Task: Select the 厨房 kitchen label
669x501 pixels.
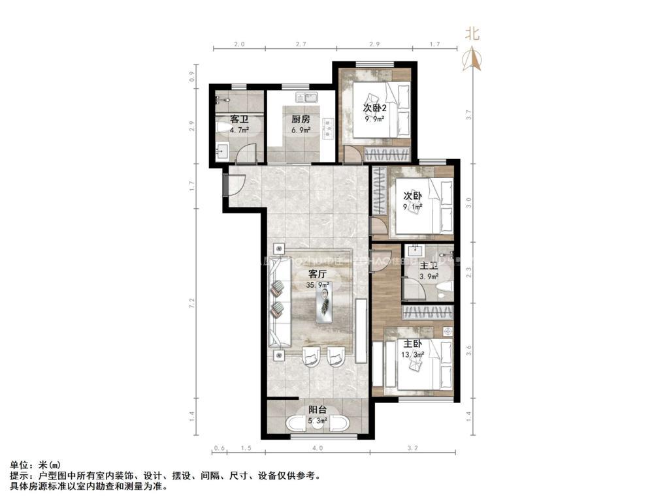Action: [301, 120]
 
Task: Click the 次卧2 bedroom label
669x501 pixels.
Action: [375, 108]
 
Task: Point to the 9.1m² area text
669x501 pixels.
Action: [413, 207]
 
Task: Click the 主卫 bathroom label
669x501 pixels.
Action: [429, 266]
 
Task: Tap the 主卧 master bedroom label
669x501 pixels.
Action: [413, 344]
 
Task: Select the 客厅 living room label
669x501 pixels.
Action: [318, 274]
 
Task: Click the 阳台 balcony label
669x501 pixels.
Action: [318, 410]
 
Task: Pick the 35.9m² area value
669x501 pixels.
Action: [318, 285]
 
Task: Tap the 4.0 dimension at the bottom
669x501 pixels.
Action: [318, 449]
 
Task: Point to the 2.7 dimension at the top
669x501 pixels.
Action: [301, 44]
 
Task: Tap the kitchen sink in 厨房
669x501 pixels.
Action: [305, 99]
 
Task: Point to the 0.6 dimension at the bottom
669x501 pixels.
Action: [220, 449]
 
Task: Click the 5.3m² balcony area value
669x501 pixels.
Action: [318, 420]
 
